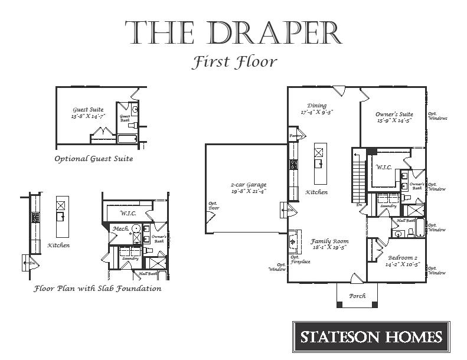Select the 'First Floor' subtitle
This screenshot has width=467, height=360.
coord(234,62)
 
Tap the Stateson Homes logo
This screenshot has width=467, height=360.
coord(371,337)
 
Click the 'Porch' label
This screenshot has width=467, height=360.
coord(357,295)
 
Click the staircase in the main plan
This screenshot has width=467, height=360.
coord(358,174)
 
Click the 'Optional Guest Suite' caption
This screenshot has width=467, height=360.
coord(93,159)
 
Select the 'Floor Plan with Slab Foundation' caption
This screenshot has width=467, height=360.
coord(97,289)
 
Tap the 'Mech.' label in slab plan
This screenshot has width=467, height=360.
coord(121,229)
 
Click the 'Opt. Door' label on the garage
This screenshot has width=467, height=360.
coord(213,206)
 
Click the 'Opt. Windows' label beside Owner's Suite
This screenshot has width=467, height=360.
coord(437,116)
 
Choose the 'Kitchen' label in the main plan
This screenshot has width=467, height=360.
coord(316,192)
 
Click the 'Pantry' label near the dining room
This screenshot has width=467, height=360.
coord(295,136)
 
